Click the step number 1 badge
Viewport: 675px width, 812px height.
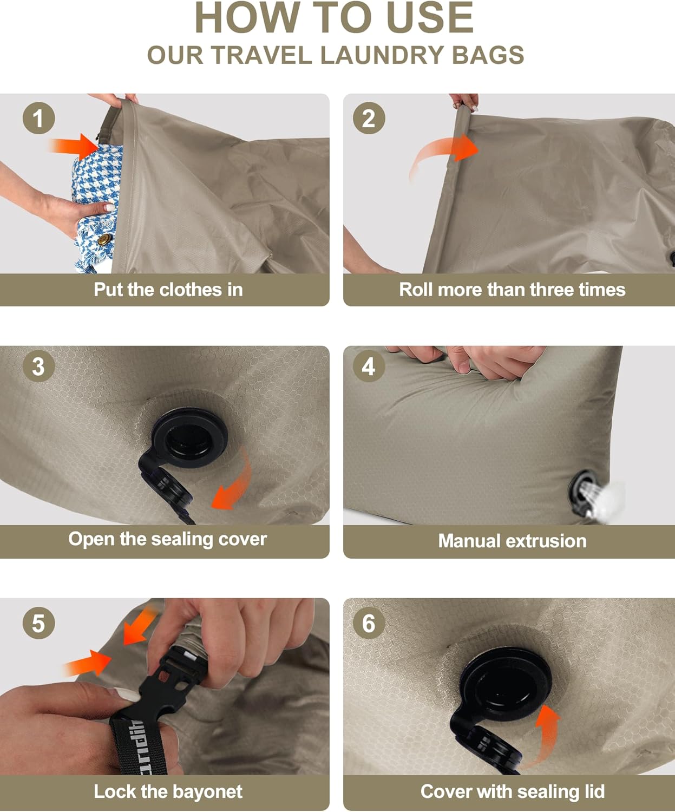tap(38, 118)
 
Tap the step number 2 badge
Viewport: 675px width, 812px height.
tap(369, 118)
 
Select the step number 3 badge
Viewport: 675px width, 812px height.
tap(38, 366)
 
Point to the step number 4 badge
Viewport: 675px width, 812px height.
tap(369, 366)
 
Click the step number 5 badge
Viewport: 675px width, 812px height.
tap(38, 623)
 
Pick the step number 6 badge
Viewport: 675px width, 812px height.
tap(369, 623)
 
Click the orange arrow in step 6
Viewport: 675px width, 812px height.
tap(544, 736)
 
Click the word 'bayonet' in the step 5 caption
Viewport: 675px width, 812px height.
tap(207, 791)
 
